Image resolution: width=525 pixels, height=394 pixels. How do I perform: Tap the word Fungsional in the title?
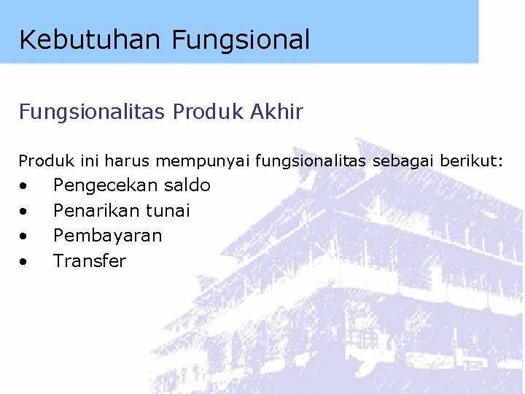(241, 39)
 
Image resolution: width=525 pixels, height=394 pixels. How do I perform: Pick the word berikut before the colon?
(470, 161)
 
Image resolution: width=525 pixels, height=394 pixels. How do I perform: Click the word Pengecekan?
(105, 186)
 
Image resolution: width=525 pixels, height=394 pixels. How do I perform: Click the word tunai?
(168, 211)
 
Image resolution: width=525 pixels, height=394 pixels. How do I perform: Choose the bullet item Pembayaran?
(108, 236)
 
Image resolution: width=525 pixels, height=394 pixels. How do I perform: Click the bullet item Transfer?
(90, 261)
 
